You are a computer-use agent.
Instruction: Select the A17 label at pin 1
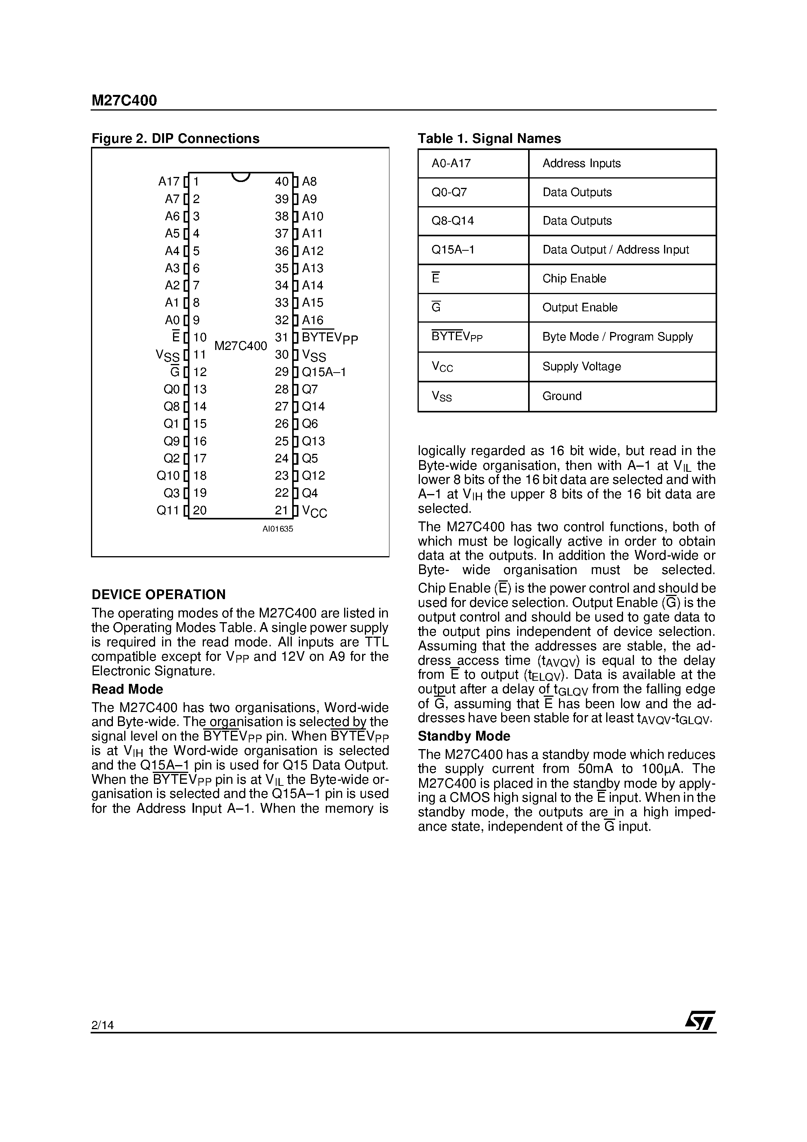[169, 182]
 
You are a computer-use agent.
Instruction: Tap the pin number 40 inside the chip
[282, 182]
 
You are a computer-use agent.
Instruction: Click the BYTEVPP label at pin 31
[329, 338]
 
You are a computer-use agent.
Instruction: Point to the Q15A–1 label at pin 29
[324, 372]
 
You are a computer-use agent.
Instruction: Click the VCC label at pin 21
[314, 511]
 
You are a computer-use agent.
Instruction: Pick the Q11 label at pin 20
[168, 510]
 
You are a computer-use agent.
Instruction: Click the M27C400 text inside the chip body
[241, 346]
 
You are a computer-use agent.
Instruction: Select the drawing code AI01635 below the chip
[278, 529]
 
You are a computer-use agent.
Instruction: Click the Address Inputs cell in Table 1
[581, 163]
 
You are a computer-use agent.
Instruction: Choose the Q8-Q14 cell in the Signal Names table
[453, 221]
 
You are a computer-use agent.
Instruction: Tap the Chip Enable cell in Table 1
[574, 278]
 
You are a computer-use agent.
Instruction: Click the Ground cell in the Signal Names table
[562, 396]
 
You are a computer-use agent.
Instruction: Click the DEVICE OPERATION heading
[158, 594]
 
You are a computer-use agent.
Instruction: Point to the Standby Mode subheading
[464, 736]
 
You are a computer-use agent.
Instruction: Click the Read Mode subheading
[127, 689]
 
